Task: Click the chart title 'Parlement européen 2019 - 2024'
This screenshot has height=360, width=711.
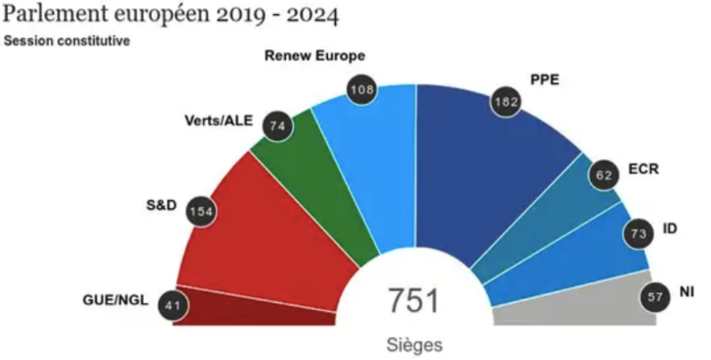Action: click(171, 16)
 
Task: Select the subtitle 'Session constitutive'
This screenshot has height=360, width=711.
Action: click(67, 41)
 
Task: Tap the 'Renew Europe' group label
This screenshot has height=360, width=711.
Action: click(314, 56)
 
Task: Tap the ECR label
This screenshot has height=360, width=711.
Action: click(644, 169)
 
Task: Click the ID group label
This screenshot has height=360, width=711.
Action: click(670, 229)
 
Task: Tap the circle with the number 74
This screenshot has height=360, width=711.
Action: click(276, 125)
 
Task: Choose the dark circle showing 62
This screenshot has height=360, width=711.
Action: click(604, 175)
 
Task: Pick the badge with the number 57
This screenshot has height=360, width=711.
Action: click(655, 297)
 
